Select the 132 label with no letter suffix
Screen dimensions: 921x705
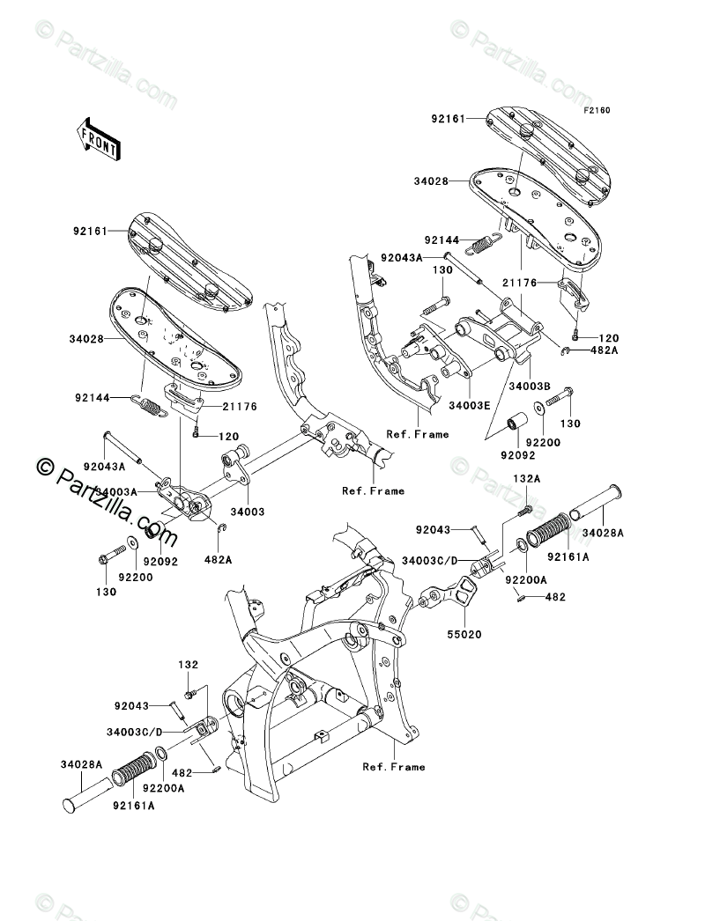pos(189,665)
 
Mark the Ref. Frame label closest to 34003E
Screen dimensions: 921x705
pos(418,434)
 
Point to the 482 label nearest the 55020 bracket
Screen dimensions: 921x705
pos(556,596)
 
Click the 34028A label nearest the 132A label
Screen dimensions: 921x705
pos(603,533)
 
